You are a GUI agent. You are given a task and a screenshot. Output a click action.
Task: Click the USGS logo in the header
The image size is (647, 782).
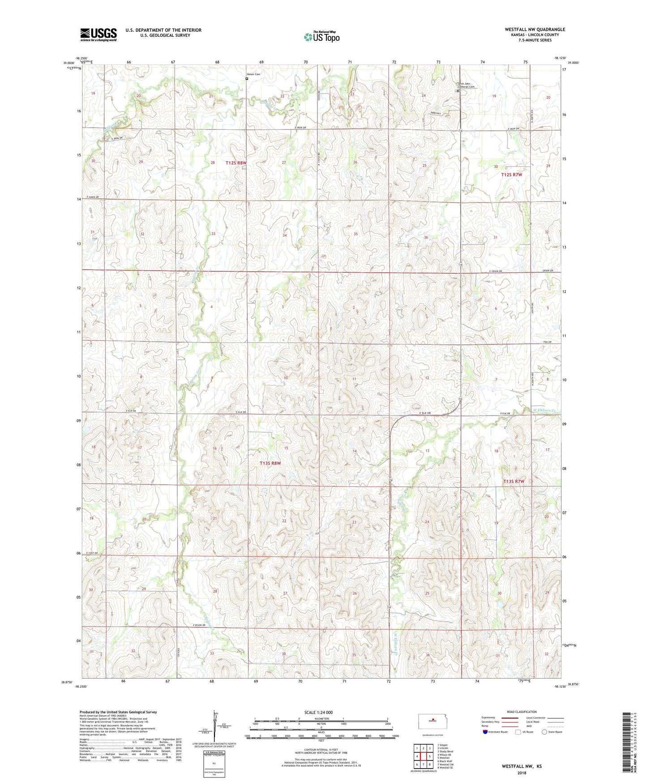[x=98, y=34]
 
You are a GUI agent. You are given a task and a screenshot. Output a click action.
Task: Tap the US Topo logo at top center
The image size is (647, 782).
[x=321, y=36]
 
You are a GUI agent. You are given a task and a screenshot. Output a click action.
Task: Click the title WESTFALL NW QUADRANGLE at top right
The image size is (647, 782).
[x=535, y=30]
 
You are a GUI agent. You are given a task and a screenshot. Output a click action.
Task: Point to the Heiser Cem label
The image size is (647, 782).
[x=253, y=74]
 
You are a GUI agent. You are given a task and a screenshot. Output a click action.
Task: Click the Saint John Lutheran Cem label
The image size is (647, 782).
[x=466, y=85]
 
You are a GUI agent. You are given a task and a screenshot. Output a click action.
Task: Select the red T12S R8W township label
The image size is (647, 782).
[x=236, y=163]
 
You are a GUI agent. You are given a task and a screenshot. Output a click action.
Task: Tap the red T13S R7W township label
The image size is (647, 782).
[x=513, y=481]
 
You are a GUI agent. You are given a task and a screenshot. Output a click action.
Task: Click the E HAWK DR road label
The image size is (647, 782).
[x=90, y=198]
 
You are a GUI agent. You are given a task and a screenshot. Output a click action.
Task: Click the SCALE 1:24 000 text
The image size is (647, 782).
[x=318, y=712]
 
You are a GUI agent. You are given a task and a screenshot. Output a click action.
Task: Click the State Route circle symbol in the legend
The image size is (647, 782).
[x=544, y=732]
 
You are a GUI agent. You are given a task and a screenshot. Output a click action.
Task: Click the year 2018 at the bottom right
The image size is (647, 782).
[x=521, y=772]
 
